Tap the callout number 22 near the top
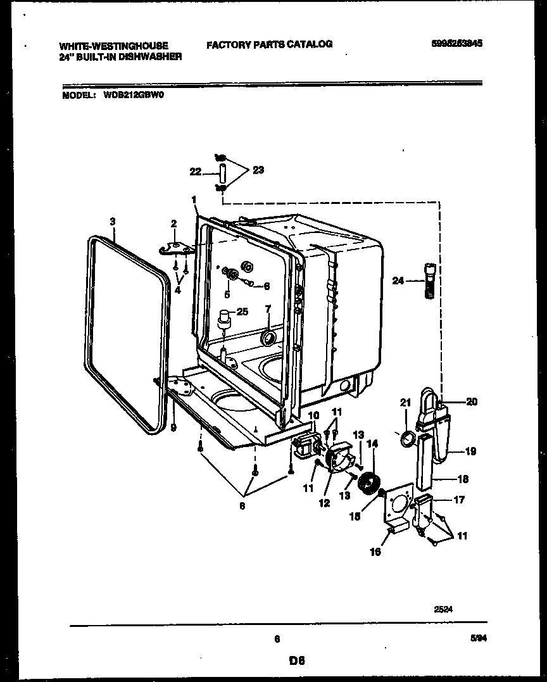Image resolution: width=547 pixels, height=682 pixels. point(196,170)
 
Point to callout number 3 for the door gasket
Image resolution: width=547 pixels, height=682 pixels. point(112,221)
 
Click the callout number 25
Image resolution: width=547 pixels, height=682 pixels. point(243,312)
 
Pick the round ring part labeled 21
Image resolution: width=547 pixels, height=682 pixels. point(408,438)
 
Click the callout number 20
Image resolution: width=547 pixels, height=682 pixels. point(472,401)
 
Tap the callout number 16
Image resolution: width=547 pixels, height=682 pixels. point(375,552)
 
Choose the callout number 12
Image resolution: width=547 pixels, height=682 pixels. point(324,503)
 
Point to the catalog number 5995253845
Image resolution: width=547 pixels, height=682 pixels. point(454,44)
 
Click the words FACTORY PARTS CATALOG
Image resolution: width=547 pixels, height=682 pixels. point(269,44)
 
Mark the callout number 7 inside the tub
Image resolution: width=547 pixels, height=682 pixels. point(268,309)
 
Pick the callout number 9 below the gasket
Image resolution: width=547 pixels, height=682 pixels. point(173,427)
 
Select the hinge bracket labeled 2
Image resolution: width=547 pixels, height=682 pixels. point(178,248)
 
